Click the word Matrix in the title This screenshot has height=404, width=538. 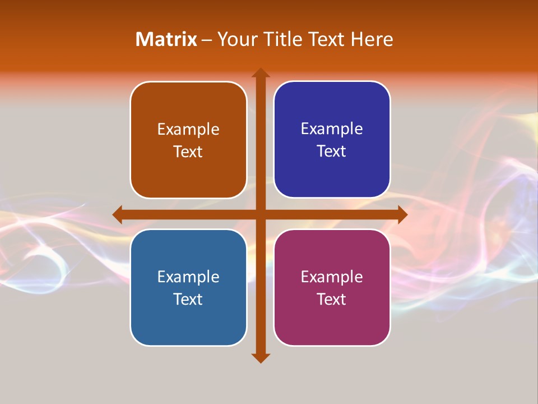point(166,39)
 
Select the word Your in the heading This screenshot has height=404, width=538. point(236,39)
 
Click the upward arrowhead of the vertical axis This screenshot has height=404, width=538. point(261,72)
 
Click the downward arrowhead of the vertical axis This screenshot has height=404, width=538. point(261,357)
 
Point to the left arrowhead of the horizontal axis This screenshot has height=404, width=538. point(117,214)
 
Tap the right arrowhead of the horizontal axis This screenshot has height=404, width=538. point(402,214)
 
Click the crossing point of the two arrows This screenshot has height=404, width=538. point(261,214)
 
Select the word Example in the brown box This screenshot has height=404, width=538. point(188,130)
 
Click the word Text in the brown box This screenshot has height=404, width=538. point(188,151)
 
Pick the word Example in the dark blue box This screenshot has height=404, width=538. point(332,129)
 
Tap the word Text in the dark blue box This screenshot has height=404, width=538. point(332,151)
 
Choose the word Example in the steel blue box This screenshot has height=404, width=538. point(188,277)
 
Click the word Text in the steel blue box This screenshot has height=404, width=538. point(188,299)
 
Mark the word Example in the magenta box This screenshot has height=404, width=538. point(332,277)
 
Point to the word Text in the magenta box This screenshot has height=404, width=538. point(332,299)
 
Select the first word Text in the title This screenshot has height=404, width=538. point(324,39)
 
